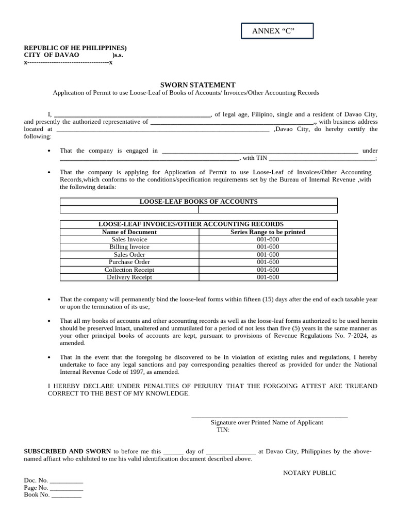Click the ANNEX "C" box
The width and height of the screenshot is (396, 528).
click(277, 31)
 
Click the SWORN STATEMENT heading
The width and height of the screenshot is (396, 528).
click(198, 85)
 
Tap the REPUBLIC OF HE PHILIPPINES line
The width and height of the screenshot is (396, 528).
click(75, 48)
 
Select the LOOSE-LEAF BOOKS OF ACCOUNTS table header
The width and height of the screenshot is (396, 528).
click(199, 202)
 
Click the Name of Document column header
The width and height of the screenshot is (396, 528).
click(129, 232)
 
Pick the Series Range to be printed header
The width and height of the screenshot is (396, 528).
click(268, 232)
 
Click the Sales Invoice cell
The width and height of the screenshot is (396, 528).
click(129, 240)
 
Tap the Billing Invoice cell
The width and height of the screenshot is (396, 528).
click(129, 247)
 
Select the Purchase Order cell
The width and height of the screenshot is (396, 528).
click(129, 262)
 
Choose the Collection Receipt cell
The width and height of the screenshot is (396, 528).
click(129, 270)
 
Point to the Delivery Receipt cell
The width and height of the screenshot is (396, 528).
click(129, 277)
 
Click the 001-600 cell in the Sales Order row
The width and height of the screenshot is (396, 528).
click(268, 255)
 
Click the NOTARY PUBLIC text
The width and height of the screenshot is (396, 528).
click(309, 473)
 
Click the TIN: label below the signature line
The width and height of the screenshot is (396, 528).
click(223, 430)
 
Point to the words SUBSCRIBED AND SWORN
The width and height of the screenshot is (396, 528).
click(68, 451)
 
